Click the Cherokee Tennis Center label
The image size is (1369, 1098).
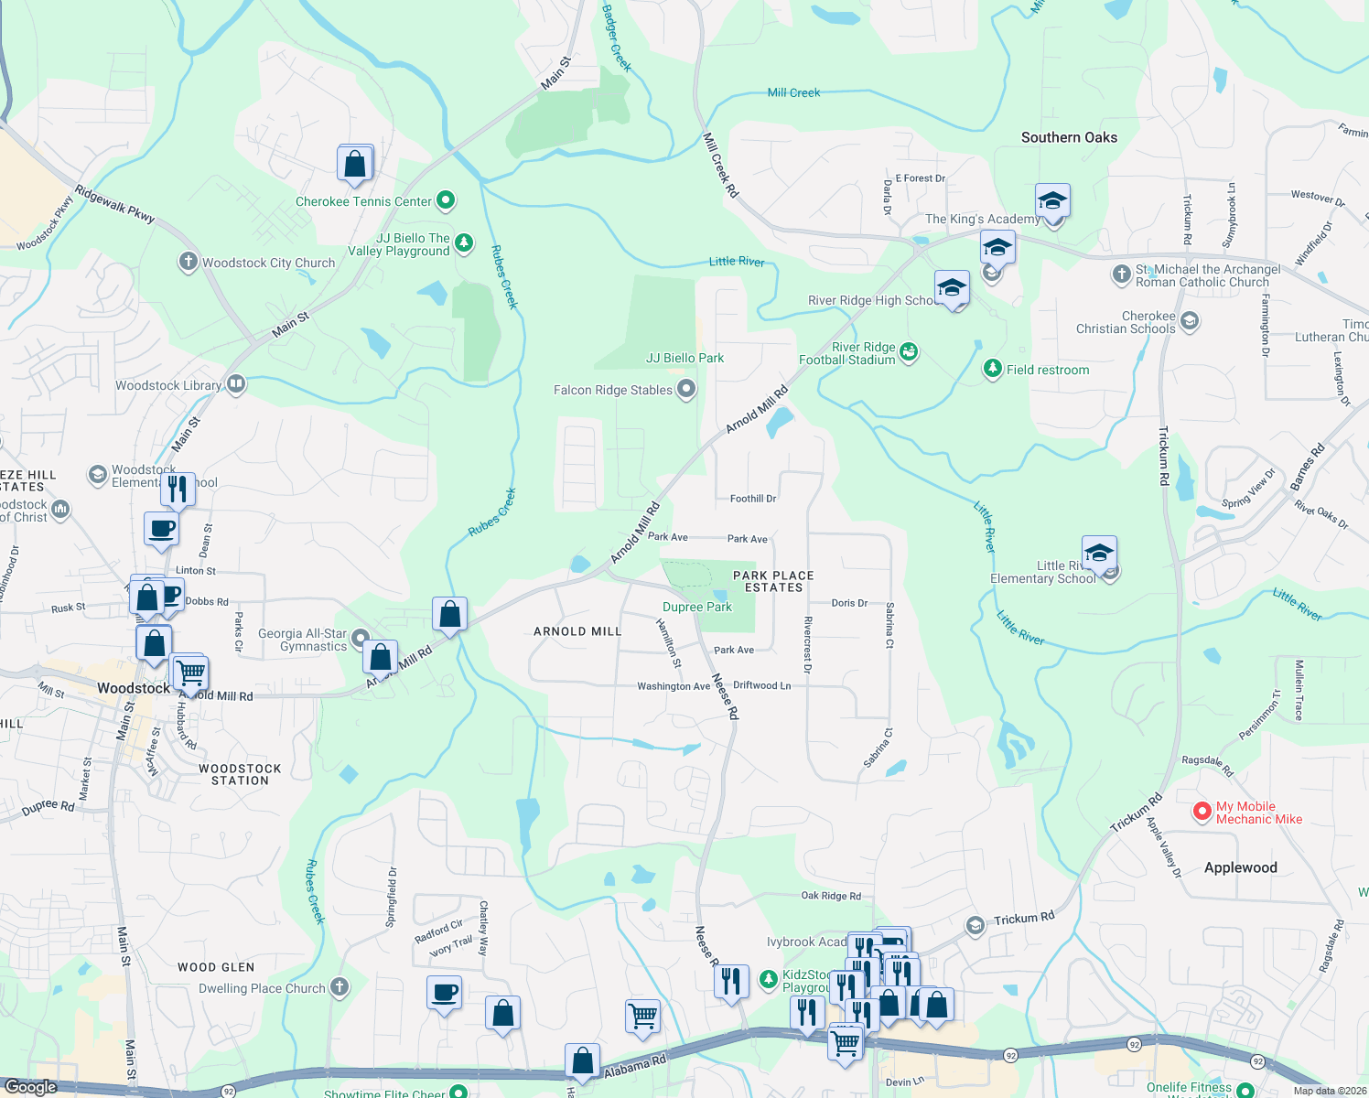(x=363, y=201)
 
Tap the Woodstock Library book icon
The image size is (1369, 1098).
(x=236, y=383)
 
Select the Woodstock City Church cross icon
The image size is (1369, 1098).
(x=188, y=263)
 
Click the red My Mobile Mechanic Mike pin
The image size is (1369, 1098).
(x=1202, y=812)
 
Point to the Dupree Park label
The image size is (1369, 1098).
(x=697, y=607)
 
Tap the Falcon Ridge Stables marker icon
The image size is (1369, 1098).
(x=685, y=390)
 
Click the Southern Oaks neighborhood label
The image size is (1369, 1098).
(x=1069, y=137)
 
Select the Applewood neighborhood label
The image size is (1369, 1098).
(x=1240, y=867)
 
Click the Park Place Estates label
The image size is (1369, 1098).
(x=773, y=581)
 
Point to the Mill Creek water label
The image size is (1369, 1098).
(x=793, y=92)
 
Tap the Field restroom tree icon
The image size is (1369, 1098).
(x=992, y=369)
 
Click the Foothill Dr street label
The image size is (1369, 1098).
(x=753, y=499)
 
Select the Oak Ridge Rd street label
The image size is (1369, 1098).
(x=831, y=896)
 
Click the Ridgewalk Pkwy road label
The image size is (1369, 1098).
(x=114, y=204)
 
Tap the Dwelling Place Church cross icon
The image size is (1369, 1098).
(x=340, y=986)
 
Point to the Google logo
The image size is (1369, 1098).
(x=31, y=1087)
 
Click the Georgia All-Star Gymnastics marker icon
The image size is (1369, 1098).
(x=360, y=638)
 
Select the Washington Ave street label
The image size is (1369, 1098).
(x=674, y=686)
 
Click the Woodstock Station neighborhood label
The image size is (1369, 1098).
(x=240, y=775)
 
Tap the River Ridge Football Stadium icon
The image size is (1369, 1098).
(x=909, y=351)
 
